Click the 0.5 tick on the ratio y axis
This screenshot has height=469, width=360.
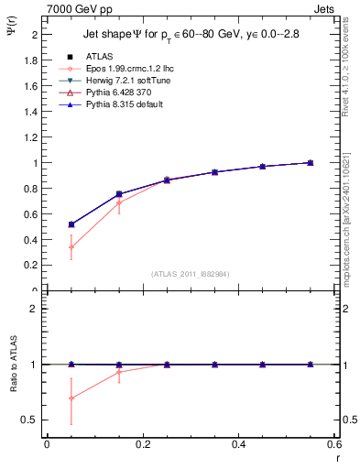tap(30, 420)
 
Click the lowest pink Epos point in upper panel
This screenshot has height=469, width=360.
tap(71, 246)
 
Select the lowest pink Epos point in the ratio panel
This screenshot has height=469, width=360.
tap(71, 398)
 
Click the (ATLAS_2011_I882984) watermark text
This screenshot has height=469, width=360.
tap(191, 274)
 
